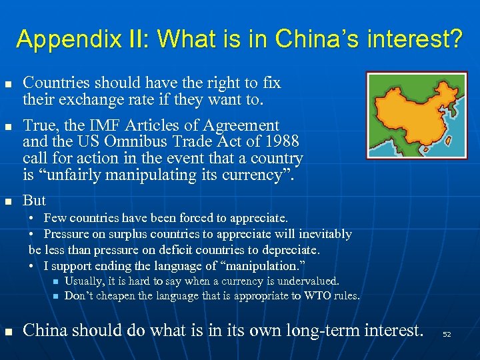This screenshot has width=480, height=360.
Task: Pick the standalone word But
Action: tap(34, 201)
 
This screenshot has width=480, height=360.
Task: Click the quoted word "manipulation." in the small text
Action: tap(254, 266)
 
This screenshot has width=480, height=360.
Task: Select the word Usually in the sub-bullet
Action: tap(83, 281)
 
